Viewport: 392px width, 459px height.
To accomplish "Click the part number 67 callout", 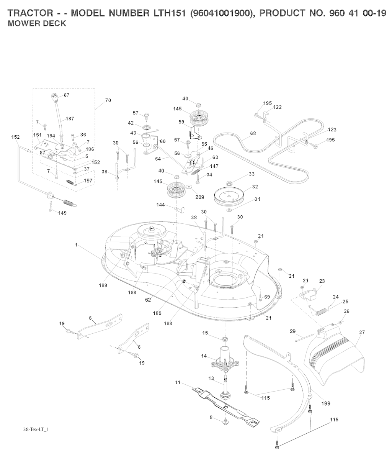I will [67, 95].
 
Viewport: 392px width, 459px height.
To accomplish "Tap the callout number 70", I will [108, 100].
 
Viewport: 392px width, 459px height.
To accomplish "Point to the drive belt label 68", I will [253, 133].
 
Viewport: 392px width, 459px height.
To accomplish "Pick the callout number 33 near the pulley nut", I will [251, 174].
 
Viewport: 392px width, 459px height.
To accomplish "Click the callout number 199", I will [326, 403].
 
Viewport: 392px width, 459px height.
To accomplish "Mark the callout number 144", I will [160, 205].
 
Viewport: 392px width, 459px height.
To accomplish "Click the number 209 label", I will [199, 197].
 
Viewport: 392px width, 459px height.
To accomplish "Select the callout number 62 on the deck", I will [148, 300].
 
